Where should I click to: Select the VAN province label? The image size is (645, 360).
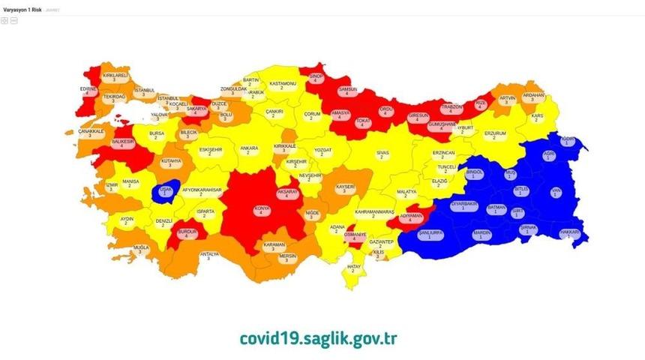click(x=556, y=193)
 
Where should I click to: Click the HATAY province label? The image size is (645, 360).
click(x=354, y=268)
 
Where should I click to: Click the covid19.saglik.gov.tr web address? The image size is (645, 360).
click(x=317, y=337)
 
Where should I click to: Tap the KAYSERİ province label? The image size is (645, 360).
click(x=345, y=187)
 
